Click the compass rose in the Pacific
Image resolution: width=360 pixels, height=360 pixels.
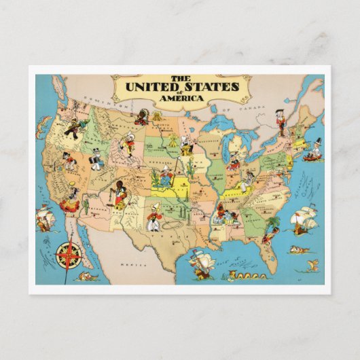68,255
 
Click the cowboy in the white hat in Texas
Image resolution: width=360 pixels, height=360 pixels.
154,217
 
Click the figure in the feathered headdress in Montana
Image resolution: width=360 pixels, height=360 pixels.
141,116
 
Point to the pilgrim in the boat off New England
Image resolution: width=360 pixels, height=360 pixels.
312,151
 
